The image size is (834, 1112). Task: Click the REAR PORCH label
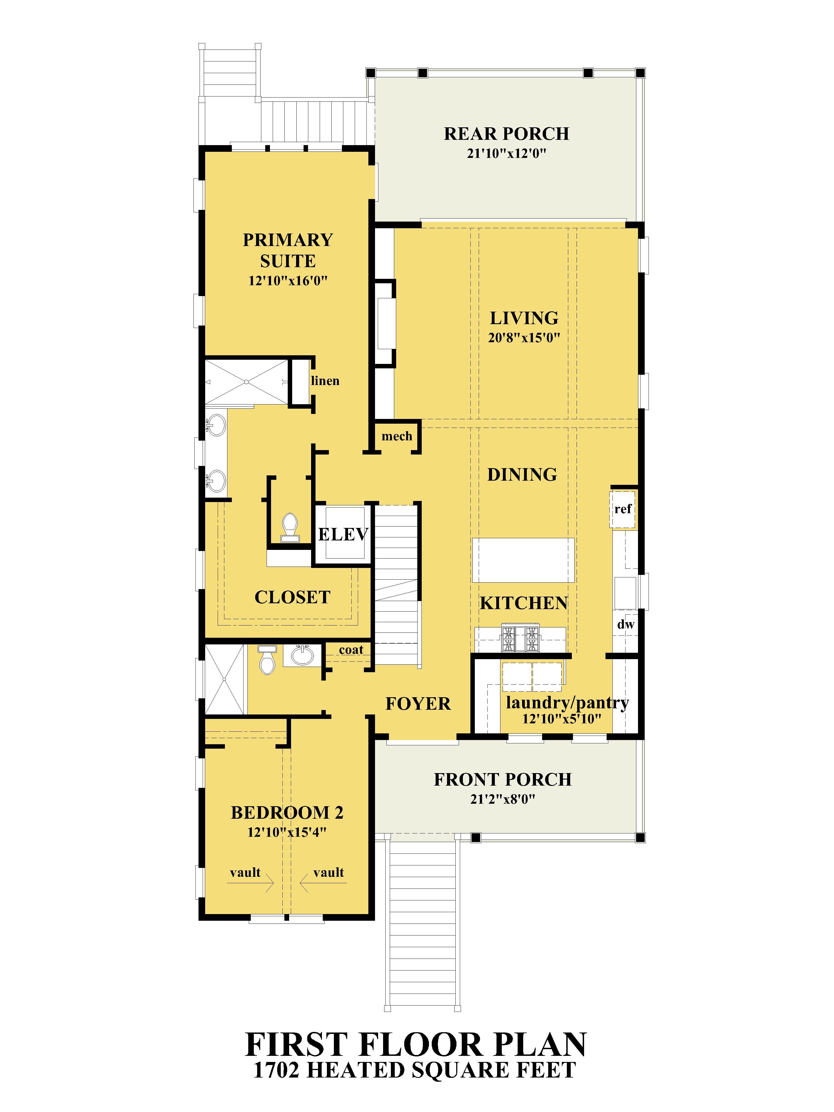(506, 134)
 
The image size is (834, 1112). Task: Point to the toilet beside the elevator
(290, 527)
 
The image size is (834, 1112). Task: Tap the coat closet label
(351, 650)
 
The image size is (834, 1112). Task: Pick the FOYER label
(418, 704)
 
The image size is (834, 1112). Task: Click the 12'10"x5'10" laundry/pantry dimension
(562, 719)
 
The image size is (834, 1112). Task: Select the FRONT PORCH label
(503, 780)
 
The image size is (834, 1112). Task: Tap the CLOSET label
(292, 597)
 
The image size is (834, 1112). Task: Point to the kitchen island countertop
(523, 560)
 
